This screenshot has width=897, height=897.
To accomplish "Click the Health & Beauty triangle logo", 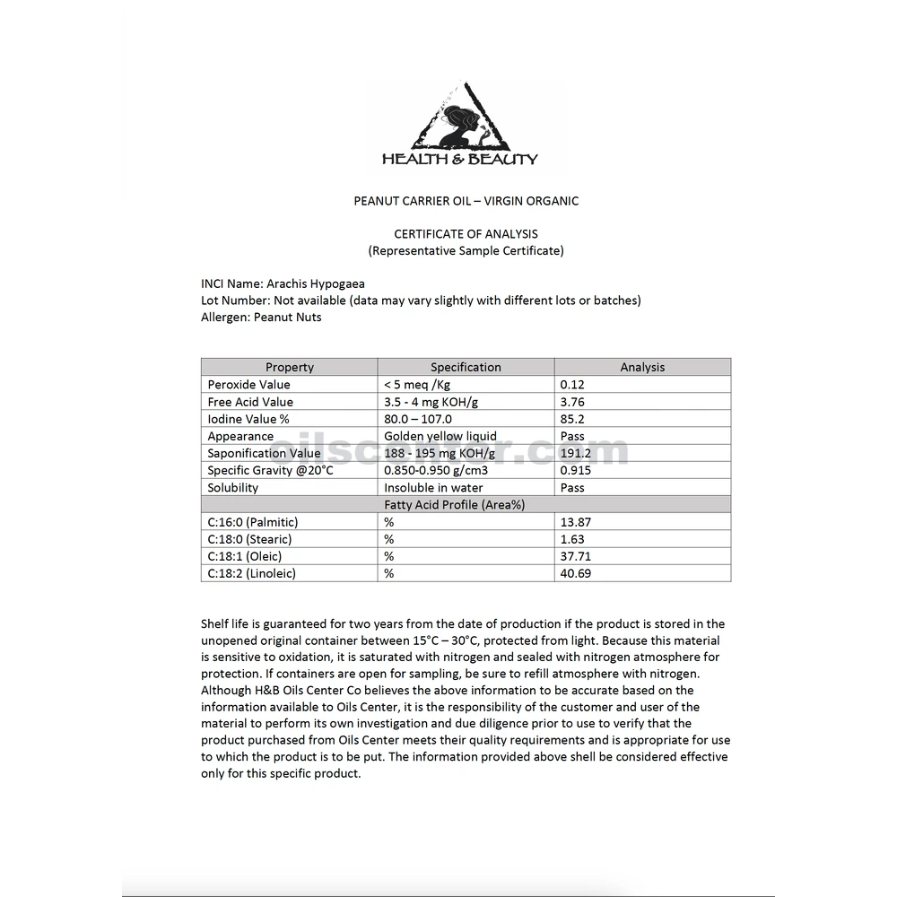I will tap(461, 126).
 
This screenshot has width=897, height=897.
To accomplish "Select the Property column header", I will tap(290, 367).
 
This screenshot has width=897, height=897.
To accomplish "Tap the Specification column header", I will tap(466, 367).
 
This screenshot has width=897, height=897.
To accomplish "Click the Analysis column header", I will tap(642, 367).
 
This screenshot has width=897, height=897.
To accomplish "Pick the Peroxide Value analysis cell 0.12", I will tap(572, 385).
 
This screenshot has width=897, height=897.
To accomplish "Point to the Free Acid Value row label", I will tap(250, 402).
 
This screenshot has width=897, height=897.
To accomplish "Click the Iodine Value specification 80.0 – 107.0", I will tap(418, 419).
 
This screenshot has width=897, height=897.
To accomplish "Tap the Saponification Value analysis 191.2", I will tap(576, 453).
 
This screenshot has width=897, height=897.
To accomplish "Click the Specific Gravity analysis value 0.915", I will tap(575, 470).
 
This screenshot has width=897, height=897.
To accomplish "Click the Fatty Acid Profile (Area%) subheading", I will tap(466, 505).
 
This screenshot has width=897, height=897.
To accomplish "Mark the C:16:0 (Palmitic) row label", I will tap(253, 522).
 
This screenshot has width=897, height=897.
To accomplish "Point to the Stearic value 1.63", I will tap(572, 539).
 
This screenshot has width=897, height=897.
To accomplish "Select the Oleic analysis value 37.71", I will tap(575, 556).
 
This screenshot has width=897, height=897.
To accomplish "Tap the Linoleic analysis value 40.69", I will tap(576, 573).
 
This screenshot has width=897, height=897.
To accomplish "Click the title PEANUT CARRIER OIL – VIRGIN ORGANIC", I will tap(466, 201).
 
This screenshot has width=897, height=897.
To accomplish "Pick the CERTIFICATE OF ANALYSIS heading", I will tap(466, 234).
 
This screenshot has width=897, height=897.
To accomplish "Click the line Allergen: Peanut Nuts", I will tap(261, 317).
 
